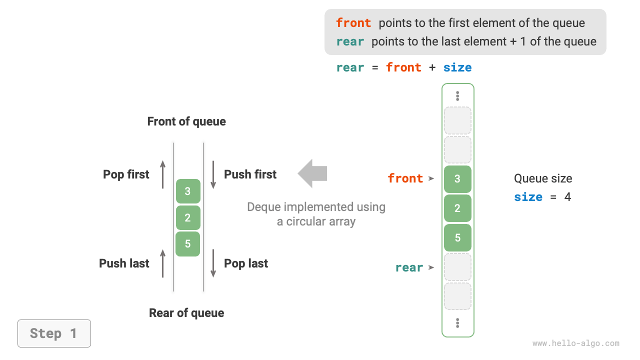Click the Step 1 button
coord(54,333)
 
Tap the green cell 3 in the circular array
coord(457,179)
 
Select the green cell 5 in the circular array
coord(457,237)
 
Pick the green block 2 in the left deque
coord(187,217)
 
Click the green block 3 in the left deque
coord(187,191)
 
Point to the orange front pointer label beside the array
coord(405,178)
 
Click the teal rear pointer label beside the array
coord(409,267)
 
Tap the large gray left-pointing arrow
coord(312,173)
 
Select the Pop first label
coord(126,174)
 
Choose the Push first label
coord(250,174)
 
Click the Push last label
coord(124,263)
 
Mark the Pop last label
coord(246,263)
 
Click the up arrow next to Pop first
coord(163,174)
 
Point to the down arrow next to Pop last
coord(213,263)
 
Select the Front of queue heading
coord(186,121)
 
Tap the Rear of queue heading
coord(186,313)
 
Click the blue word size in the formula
coord(457,67)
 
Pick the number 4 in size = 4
coord(567,197)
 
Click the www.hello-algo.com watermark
coord(575,343)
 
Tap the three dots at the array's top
coord(457,96)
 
